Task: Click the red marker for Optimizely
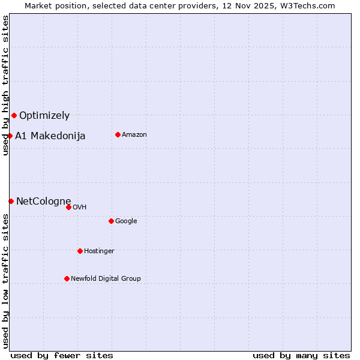(x=14, y=115)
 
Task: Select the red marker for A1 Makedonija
(x=10, y=136)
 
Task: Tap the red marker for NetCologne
(x=11, y=201)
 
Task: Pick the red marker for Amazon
(x=118, y=134)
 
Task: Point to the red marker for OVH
(x=68, y=207)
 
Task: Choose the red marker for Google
(x=111, y=221)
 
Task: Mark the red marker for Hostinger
(x=80, y=251)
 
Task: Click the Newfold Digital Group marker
(x=67, y=278)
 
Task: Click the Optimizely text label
(x=44, y=116)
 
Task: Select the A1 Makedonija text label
(x=50, y=136)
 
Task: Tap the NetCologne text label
(x=44, y=201)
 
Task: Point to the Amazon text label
(x=134, y=135)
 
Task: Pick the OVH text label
(x=80, y=208)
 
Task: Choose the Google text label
(x=126, y=221)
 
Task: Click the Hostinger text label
(x=99, y=251)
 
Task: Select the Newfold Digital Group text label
(x=106, y=279)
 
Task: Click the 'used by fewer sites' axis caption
(x=62, y=355)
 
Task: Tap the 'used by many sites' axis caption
(x=301, y=355)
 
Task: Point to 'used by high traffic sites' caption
(x=5, y=85)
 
